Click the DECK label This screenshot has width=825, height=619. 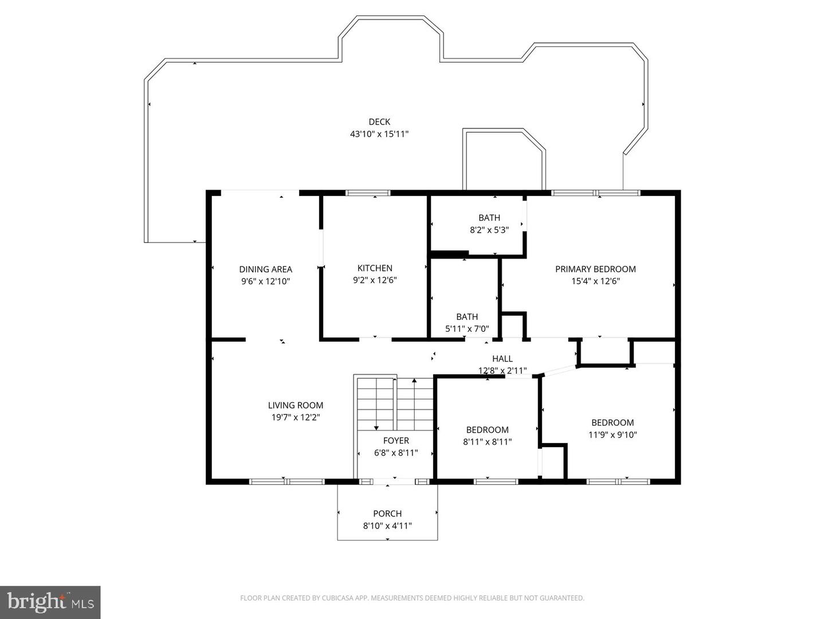tap(379, 122)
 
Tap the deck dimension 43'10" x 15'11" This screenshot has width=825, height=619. tap(379, 134)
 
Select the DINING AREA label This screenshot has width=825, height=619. tap(265, 269)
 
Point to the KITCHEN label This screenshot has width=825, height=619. tap(375, 268)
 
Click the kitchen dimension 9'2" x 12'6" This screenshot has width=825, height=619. tap(375, 280)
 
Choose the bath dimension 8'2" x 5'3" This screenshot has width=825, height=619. tap(489, 230)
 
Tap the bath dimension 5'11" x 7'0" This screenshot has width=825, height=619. tap(467, 329)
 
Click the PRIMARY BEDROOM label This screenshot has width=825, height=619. tap(595, 269)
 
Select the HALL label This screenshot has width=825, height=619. tap(502, 359)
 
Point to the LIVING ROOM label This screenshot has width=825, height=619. tap(296, 405)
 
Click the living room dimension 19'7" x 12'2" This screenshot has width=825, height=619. tap(296, 418)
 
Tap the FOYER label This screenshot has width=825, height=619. tap(396, 440)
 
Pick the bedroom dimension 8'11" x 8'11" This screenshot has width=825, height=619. tap(487, 442)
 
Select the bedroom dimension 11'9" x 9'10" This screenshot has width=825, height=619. tap(612, 435)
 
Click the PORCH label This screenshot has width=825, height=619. tap(387, 514)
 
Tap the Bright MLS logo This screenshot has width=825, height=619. tap(50, 602)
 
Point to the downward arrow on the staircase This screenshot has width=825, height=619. tap(376, 425)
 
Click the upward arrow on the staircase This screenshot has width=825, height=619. tap(414, 381)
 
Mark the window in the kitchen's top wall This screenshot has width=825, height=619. tap(368, 193)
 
